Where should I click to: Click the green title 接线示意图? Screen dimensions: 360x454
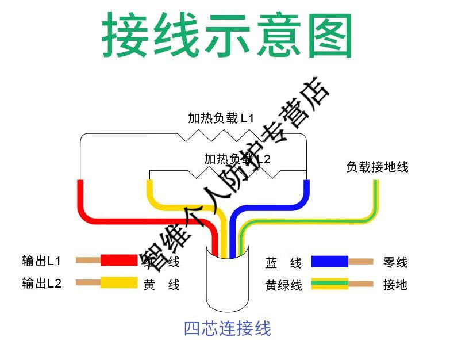click(227, 36)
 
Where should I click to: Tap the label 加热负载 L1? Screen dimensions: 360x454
click(221, 119)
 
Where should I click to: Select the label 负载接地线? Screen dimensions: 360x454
click(377, 167)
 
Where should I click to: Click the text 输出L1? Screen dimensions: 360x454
click(41, 261)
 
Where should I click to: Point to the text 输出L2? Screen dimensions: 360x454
click(41, 283)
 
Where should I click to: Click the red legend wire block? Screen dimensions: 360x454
click(119, 261)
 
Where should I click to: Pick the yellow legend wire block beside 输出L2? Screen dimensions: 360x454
click(119, 282)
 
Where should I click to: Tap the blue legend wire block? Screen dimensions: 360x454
click(329, 262)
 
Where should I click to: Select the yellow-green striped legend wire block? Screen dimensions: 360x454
click(329, 284)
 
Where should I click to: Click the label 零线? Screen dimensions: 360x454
click(395, 262)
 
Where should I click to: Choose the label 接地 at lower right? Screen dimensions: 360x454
click(395, 284)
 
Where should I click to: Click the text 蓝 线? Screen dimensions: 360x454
click(283, 263)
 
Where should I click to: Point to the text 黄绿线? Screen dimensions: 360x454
click(283, 285)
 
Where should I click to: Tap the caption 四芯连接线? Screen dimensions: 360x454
click(227, 328)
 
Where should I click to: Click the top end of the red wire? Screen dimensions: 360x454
click(80, 184)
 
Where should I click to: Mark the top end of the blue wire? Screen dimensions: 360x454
click(306, 184)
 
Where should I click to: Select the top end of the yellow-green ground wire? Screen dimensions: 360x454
click(376, 184)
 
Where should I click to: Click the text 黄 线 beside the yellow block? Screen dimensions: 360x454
click(161, 285)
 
